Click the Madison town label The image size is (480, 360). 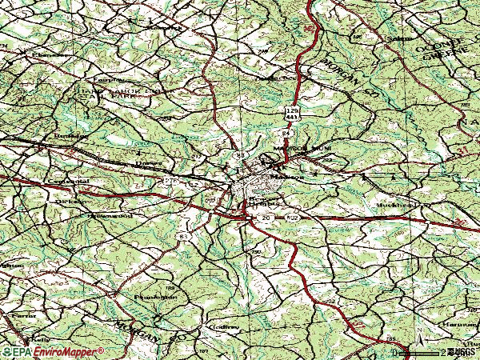286,176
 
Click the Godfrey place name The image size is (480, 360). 226,326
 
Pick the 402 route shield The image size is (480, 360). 294,218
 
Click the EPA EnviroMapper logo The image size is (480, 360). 53,351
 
